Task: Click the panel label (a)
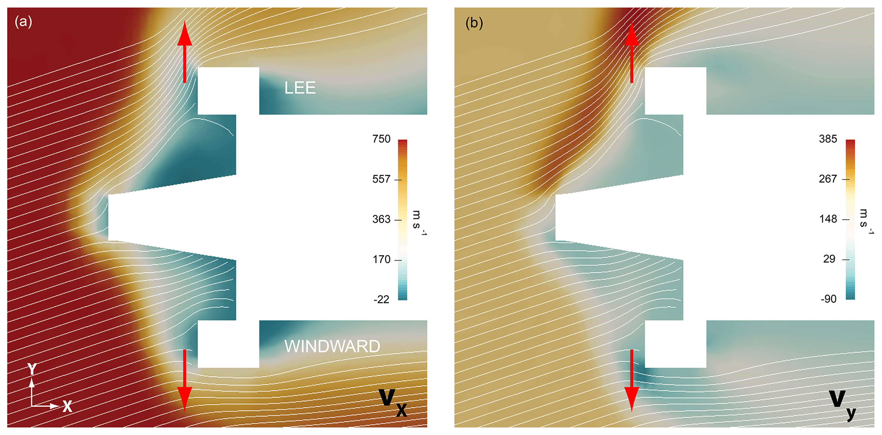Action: pos(23,21)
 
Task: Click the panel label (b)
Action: pos(474,23)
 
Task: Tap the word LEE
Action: pos(300,88)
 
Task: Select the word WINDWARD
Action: pos(332,346)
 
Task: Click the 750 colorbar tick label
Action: pos(381,139)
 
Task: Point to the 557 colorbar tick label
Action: pos(381,179)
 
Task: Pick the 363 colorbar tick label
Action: pos(381,219)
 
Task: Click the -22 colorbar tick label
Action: pos(381,299)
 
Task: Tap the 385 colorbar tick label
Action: pos(828,139)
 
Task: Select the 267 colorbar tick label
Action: pos(828,179)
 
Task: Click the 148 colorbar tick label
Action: pos(828,219)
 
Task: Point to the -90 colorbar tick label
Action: pos(828,299)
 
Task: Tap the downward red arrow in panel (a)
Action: pos(185,380)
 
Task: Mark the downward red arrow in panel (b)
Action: pos(632,380)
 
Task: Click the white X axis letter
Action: pos(67,406)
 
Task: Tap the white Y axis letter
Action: pos(32,369)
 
